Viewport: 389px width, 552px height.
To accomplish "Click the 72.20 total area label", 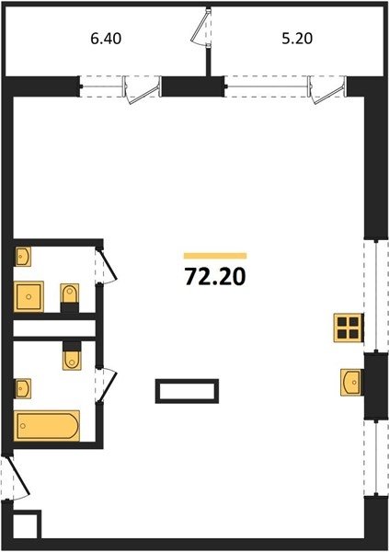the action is pyautogui.click(x=215, y=277).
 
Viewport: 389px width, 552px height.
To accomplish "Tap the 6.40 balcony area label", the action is pyautogui.click(x=106, y=39).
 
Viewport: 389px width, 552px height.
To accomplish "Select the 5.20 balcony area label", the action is pyautogui.click(x=297, y=39).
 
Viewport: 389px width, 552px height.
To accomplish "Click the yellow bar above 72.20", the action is pyautogui.click(x=215, y=256).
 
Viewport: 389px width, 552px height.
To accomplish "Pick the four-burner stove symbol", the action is pyautogui.click(x=349, y=328).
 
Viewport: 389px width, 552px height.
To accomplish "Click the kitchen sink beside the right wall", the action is pyautogui.click(x=351, y=382).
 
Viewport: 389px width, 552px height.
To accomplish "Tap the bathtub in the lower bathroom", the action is pyautogui.click(x=47, y=426).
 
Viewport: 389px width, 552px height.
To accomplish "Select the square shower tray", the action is pyautogui.click(x=29, y=296).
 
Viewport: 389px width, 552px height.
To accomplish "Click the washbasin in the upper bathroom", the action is pyautogui.click(x=23, y=257).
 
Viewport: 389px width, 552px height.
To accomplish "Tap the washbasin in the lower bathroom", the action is pyautogui.click(x=23, y=388).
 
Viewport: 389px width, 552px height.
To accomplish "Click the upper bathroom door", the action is pyautogui.click(x=107, y=266).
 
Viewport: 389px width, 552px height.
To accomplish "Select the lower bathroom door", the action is pyautogui.click(x=107, y=385).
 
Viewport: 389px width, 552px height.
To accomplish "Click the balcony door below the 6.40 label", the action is pyautogui.click(x=142, y=90).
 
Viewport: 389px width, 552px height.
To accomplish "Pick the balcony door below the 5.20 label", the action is pyautogui.click(x=326, y=90).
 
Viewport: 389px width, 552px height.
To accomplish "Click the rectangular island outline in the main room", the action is pyautogui.click(x=187, y=391).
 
